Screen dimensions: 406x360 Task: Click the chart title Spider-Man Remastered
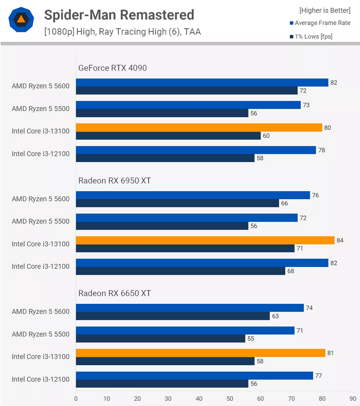(119, 15)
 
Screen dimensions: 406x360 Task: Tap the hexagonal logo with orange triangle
(21, 20)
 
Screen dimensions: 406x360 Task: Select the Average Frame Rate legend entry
(320, 23)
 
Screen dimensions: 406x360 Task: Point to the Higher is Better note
(325, 10)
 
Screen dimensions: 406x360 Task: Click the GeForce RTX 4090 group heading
(112, 68)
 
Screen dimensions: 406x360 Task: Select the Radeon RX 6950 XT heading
(115, 181)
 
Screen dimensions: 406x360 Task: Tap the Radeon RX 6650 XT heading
(115, 293)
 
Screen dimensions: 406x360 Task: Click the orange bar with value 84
(205, 240)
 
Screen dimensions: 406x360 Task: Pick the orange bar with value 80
(199, 127)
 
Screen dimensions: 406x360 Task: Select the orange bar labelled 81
(200, 353)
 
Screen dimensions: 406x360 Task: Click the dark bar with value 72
(187, 90)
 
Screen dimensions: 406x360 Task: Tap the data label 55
(251, 339)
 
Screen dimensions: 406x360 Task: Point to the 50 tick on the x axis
(230, 398)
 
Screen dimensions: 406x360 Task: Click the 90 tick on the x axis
(353, 398)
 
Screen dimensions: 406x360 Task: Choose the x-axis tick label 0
(76, 398)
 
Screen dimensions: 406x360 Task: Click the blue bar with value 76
(193, 195)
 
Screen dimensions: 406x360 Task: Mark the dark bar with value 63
(173, 316)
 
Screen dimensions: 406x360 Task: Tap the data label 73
(306, 105)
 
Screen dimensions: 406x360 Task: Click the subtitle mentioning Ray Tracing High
(122, 32)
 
